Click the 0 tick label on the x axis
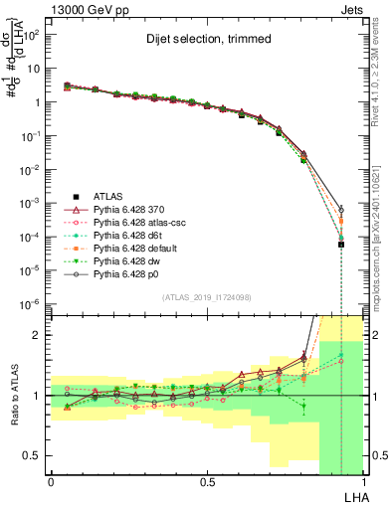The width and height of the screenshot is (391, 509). [x=51, y=481]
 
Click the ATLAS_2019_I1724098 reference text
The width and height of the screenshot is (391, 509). [x=205, y=297]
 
